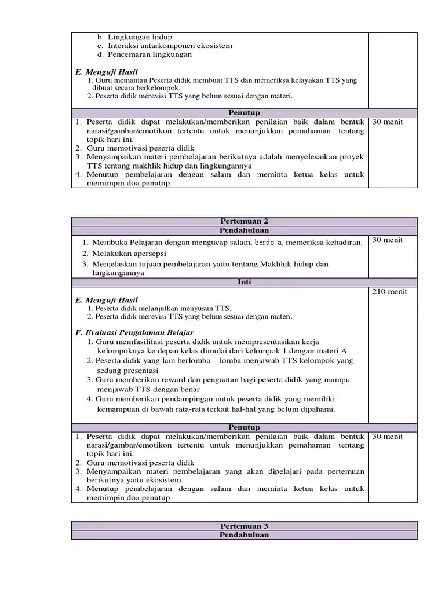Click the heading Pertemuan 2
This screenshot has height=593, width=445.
[x=244, y=221]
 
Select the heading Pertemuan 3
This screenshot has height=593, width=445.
[x=244, y=526]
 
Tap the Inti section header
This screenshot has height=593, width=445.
[x=244, y=282]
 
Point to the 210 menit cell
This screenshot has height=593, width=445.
[x=389, y=291]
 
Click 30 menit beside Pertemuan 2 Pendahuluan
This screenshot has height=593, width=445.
[x=388, y=240]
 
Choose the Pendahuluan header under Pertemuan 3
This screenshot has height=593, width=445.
[x=244, y=535]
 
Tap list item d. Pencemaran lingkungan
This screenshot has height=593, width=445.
[x=144, y=54]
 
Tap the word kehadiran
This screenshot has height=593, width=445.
[x=343, y=242]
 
